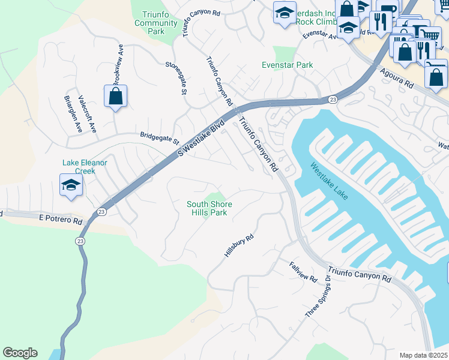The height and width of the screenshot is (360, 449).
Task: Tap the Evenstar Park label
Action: click(x=288, y=65)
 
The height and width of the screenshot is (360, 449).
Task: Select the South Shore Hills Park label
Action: click(x=209, y=209)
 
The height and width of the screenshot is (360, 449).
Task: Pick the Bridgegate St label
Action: click(x=160, y=138)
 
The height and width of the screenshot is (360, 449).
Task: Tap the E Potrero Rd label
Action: click(x=60, y=220)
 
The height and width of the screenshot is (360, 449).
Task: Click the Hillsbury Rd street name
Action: click(x=239, y=246)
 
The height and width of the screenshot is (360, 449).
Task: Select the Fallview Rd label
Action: click(x=303, y=272)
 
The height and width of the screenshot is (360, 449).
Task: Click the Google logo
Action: click(x=20, y=353)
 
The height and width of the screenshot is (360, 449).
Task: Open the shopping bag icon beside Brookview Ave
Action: click(x=115, y=96)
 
